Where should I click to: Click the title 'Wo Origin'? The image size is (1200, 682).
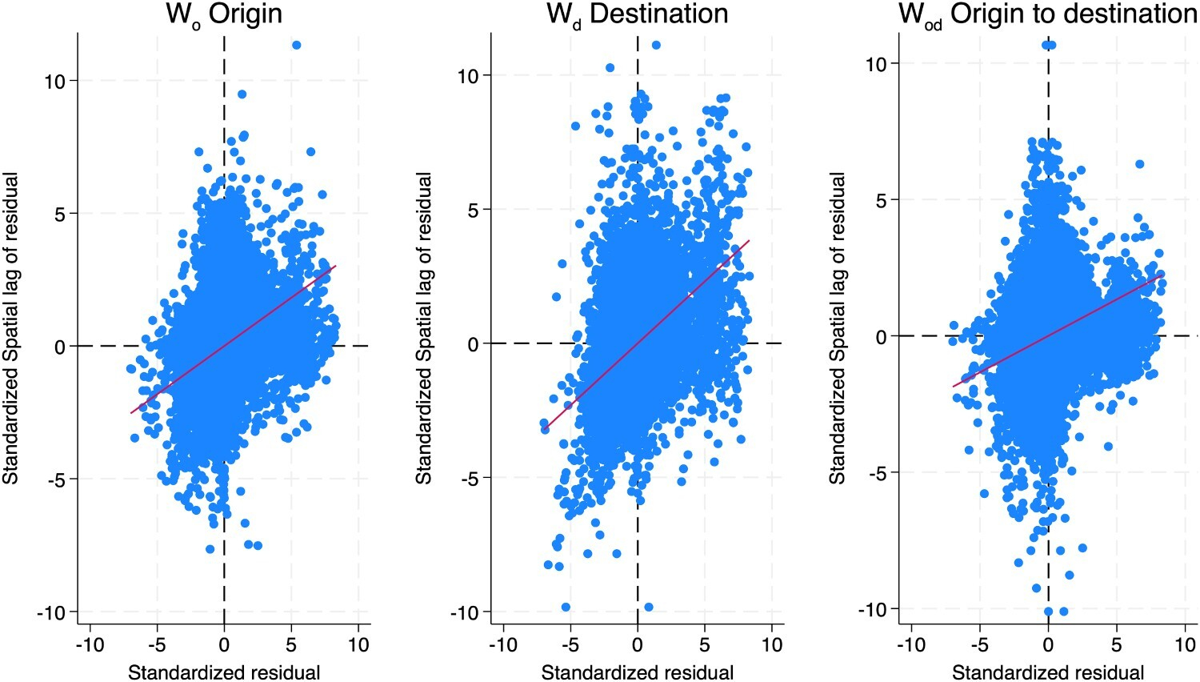[223, 14]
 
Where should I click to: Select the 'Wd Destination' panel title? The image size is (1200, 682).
[637, 14]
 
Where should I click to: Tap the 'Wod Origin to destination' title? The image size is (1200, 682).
[1047, 14]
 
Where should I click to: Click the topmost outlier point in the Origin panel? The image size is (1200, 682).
[296, 45]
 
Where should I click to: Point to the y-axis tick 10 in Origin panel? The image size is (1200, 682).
[56, 81]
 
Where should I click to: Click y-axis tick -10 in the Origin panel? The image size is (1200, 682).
[53, 612]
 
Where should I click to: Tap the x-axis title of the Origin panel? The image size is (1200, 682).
[224, 672]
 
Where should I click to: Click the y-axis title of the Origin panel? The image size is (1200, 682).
[11, 328]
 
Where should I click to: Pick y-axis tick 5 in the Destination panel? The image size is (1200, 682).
[473, 210]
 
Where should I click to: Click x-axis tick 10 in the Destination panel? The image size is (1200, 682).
[771, 645]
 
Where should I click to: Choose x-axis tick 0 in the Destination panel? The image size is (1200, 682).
[638, 645]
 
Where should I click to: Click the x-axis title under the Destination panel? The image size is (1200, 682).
[638, 672]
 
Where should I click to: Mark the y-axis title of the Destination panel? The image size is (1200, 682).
[424, 328]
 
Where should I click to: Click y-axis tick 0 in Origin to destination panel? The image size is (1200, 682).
[881, 336]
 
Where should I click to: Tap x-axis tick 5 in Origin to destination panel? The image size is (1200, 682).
[1117, 645]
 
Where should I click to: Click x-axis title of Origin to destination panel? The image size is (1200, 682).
[1048, 672]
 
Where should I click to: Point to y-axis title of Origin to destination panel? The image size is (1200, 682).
[837, 328]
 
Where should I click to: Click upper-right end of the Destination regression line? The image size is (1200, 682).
[749, 240]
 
